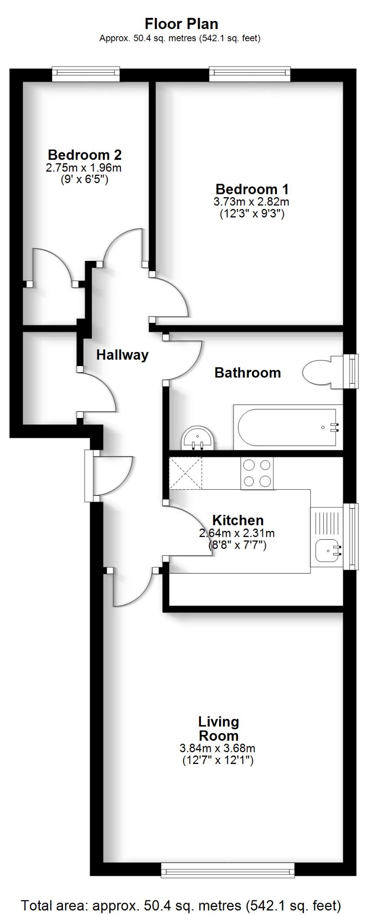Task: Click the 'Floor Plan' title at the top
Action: click(182, 24)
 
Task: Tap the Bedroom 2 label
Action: click(84, 155)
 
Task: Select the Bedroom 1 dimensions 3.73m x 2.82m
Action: click(252, 201)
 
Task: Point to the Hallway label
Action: click(122, 355)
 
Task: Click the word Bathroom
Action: click(248, 373)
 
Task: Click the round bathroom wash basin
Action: click(198, 438)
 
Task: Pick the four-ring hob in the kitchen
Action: click(257, 473)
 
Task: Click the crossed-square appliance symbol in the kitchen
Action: click(185, 473)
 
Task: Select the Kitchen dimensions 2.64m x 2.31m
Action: click(237, 533)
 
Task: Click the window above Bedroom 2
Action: click(86, 74)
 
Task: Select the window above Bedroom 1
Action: click(250, 74)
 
